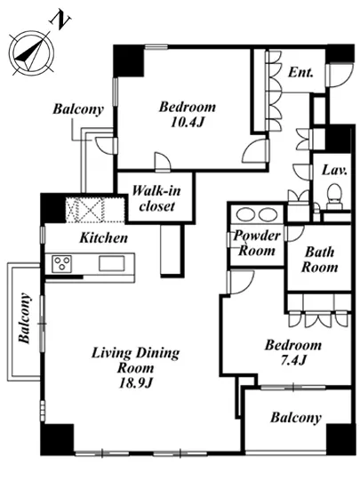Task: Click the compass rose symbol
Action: (x=31, y=52)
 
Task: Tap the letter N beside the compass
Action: (x=60, y=20)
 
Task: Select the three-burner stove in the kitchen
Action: (x=61, y=264)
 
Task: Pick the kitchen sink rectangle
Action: (x=112, y=263)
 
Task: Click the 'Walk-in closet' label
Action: (x=156, y=198)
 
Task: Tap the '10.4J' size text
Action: (x=187, y=122)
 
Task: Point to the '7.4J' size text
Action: (x=292, y=360)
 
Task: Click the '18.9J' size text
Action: (x=136, y=383)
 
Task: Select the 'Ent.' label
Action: (x=300, y=73)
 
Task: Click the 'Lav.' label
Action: (x=334, y=171)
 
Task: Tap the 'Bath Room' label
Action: (x=319, y=260)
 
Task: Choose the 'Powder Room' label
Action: (x=257, y=244)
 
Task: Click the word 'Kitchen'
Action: (x=104, y=238)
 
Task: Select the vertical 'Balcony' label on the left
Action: (x=25, y=318)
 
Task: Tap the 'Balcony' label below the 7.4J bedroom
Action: (x=296, y=418)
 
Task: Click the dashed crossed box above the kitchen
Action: (x=85, y=210)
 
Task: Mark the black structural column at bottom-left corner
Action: (x=58, y=439)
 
